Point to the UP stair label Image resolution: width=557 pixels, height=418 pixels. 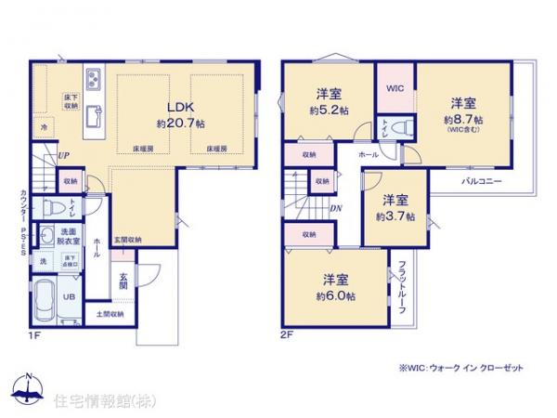62,157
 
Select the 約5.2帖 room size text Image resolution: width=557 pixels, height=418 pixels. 331,111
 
